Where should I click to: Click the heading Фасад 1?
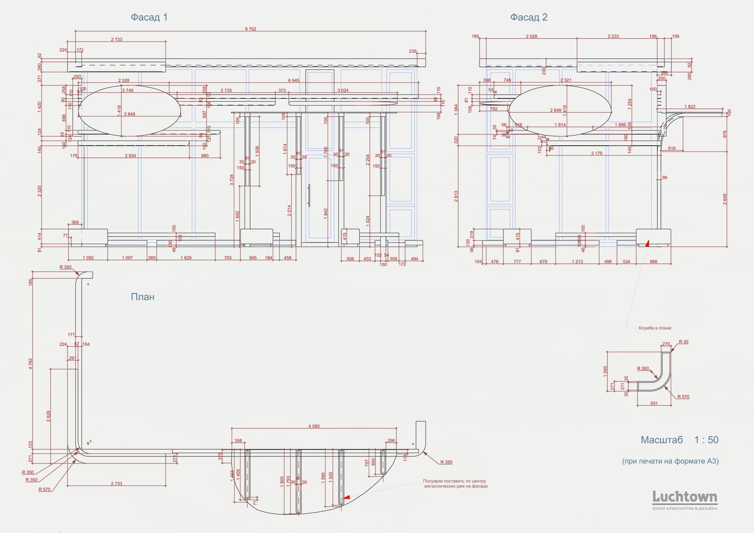(149, 17)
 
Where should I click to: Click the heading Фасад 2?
(529, 17)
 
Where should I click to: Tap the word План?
(142, 297)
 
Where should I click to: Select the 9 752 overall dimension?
(250, 29)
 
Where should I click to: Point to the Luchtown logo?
(684, 498)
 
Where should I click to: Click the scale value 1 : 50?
(706, 440)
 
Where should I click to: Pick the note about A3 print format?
(670, 461)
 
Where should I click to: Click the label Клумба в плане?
(655, 328)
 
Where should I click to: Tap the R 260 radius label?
(643, 369)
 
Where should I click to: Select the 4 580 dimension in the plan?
(314, 426)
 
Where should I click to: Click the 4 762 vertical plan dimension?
(31, 363)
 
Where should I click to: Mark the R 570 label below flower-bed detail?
(683, 397)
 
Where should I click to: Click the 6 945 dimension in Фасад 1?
(294, 80)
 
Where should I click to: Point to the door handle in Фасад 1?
(309, 195)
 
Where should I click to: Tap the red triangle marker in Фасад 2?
(647, 242)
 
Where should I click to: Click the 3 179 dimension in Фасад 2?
(596, 153)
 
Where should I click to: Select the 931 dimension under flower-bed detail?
(654, 404)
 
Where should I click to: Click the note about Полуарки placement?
(455, 484)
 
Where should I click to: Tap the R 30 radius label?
(683, 342)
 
